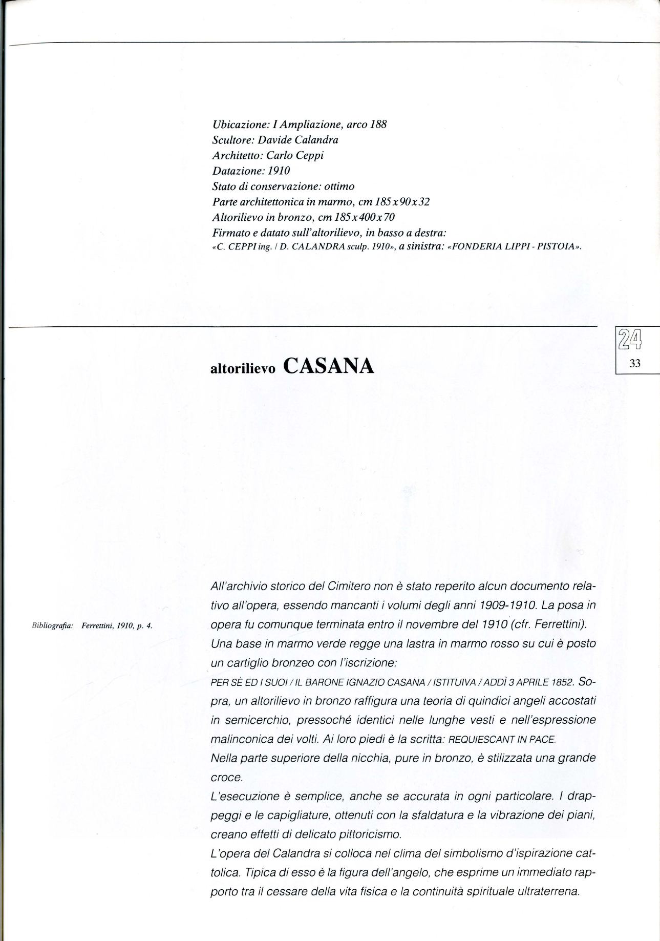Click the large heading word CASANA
click(x=328, y=366)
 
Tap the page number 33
click(x=635, y=364)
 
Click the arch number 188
click(x=377, y=124)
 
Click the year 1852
click(x=563, y=683)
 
